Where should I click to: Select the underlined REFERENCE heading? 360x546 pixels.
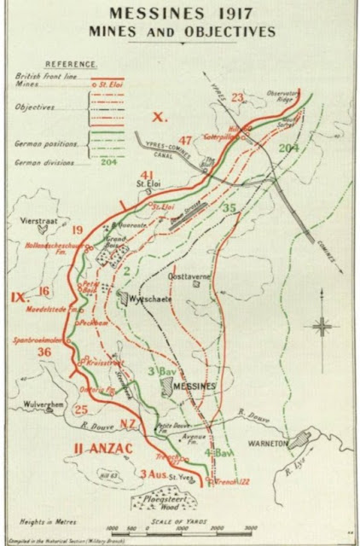70,63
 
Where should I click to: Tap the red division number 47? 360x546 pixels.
184,140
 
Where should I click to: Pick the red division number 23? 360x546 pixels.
237,96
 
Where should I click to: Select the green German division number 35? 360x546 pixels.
228,206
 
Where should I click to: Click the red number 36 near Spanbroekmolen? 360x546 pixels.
44,351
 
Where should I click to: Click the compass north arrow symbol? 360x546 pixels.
322,325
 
